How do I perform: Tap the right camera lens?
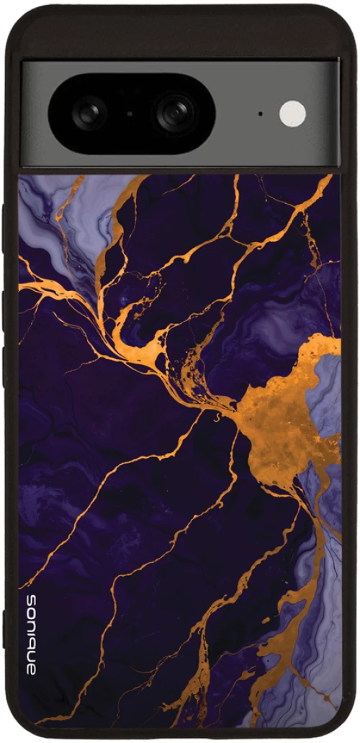175,112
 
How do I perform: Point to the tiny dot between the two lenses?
130,113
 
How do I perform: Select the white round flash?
292,113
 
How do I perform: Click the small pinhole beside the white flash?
260,113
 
